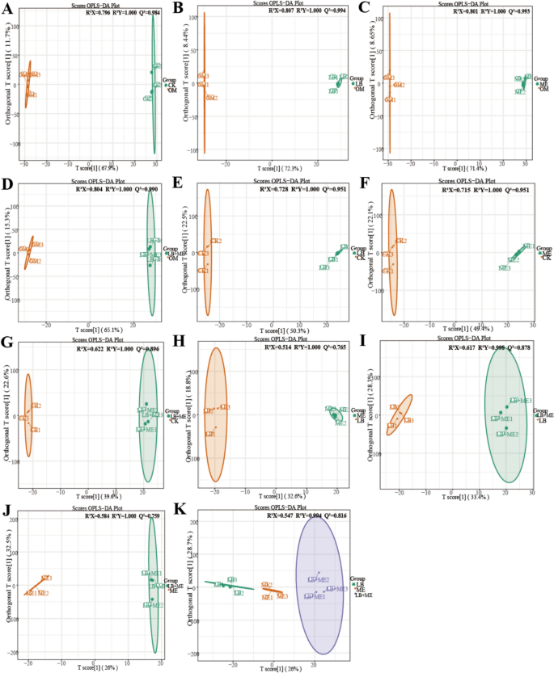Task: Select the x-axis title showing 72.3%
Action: [x=275, y=166]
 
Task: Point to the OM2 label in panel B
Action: [x=212, y=98]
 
